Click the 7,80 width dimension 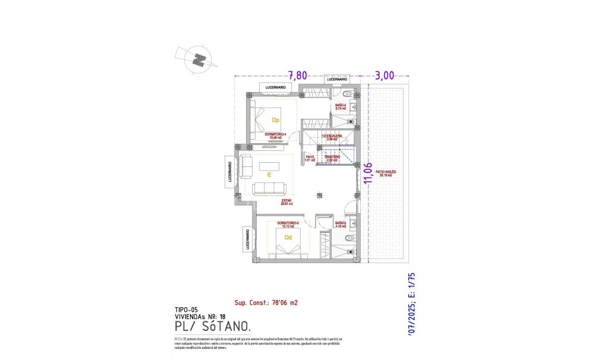click(x=298, y=75)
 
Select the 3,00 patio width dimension click(x=385, y=75)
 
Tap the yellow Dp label click(x=275, y=120)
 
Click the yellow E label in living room click(x=269, y=175)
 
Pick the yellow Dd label click(x=288, y=238)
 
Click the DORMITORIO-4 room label click(x=276, y=135)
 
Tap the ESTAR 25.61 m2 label click(x=287, y=202)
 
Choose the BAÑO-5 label click(x=341, y=224)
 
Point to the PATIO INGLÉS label click(x=386, y=173)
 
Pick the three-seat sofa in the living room click(x=269, y=188)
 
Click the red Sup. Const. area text click(x=266, y=302)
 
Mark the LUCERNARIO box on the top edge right click(x=336, y=79)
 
